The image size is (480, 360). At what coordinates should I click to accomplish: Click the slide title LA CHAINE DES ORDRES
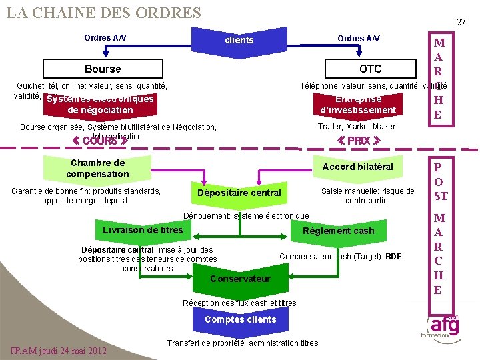103,13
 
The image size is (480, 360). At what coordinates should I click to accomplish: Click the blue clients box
239,40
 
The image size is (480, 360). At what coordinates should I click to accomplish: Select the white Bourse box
103,69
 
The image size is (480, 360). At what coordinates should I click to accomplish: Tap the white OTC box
370,69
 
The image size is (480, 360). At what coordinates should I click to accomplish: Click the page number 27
461,22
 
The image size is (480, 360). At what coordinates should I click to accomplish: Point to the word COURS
100,141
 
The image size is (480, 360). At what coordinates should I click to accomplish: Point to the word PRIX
359,141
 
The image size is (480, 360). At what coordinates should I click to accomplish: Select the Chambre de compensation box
97,168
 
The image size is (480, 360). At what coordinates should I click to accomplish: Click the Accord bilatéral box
358,167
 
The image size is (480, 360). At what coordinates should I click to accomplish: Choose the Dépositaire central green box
239,193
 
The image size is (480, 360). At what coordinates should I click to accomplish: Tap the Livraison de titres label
143,230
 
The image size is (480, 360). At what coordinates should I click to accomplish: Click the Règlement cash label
338,231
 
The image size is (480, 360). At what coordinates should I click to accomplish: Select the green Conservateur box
240,278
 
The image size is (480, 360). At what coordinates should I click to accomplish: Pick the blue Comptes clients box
240,319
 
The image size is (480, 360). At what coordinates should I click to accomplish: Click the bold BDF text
393,257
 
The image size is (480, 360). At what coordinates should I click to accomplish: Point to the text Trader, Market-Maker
357,127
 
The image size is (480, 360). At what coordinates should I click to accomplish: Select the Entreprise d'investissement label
358,105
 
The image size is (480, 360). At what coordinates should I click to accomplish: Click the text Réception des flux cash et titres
239,303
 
